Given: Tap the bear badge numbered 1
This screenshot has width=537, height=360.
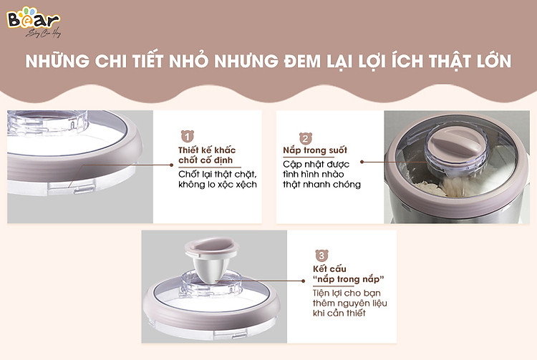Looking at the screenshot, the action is click(188, 136).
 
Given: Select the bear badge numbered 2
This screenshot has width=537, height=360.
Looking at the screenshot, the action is click(306, 138).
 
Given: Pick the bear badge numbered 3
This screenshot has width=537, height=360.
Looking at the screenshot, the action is click(321, 256).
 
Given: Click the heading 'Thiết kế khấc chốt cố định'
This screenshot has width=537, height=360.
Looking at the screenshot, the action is click(207, 155).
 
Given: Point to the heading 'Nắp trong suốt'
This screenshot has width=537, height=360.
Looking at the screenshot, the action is click(315, 150).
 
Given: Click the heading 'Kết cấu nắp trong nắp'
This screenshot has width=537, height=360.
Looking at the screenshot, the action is click(348, 274).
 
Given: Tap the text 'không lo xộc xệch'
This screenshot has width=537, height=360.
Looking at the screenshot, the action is click(218, 185).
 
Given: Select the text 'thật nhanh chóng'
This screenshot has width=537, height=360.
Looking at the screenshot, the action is click(321, 185).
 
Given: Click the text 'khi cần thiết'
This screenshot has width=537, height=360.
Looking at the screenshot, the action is click(339, 313).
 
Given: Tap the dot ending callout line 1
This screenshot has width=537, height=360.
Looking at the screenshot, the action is click(171, 165).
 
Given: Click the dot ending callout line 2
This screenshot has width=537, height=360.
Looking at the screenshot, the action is click(362, 162).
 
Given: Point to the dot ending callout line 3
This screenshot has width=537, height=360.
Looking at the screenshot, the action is click(303, 281).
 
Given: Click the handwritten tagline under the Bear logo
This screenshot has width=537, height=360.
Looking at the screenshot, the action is click(43, 33).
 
